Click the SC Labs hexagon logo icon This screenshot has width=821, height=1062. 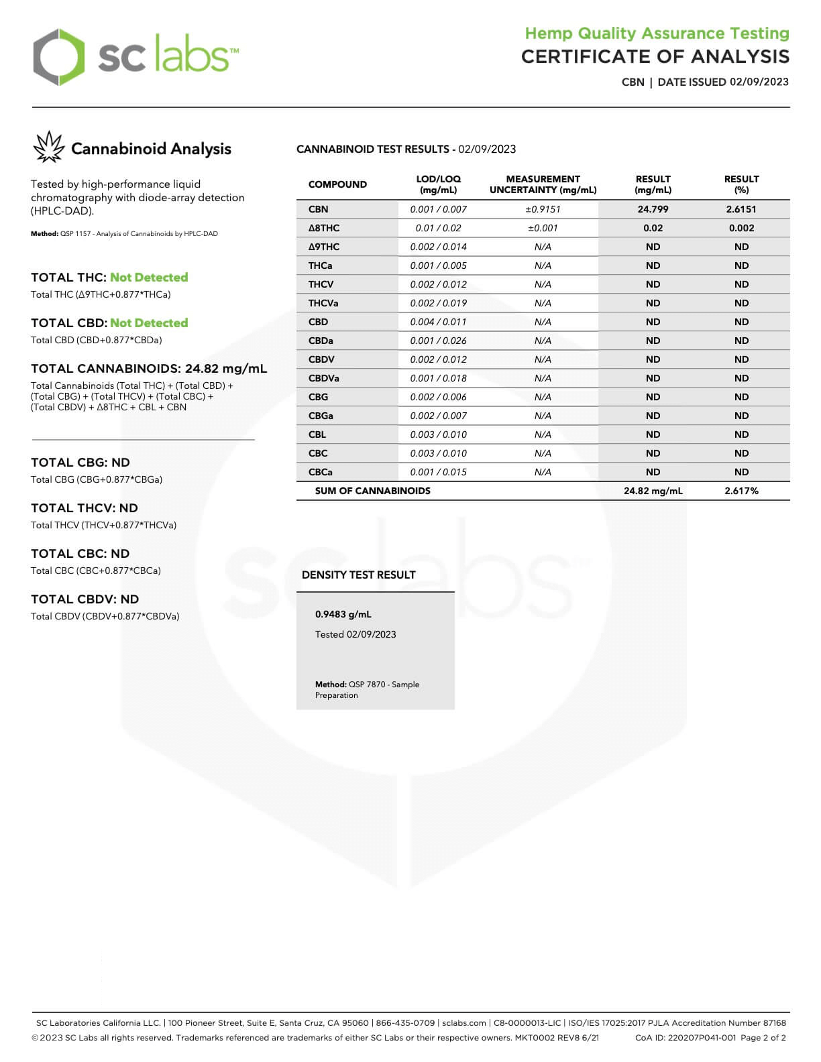click(59, 57)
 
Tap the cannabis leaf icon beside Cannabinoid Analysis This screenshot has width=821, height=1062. click(48, 147)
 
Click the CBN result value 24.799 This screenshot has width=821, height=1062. click(653, 209)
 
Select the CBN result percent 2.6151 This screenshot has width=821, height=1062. click(741, 209)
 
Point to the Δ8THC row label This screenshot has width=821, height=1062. click(324, 228)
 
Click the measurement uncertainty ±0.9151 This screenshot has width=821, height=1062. click(543, 209)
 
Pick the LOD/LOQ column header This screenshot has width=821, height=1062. click(438, 184)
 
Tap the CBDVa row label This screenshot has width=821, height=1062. click(324, 378)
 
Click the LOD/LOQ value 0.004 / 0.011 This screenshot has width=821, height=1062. click(438, 322)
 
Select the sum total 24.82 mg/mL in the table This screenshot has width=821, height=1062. click(653, 491)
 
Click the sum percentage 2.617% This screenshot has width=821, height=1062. click(741, 491)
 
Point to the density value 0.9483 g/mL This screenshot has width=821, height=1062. click(343, 614)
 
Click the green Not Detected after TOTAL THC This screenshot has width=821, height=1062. click(149, 278)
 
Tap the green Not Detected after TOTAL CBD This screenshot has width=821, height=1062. click(149, 323)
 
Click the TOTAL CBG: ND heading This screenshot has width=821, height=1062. click(80, 463)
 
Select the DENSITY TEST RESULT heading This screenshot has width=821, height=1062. click(358, 575)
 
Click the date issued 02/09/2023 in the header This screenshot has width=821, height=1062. click(759, 82)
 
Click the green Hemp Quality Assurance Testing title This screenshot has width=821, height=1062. click(657, 34)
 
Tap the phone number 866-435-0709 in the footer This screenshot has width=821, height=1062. click(405, 1023)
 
